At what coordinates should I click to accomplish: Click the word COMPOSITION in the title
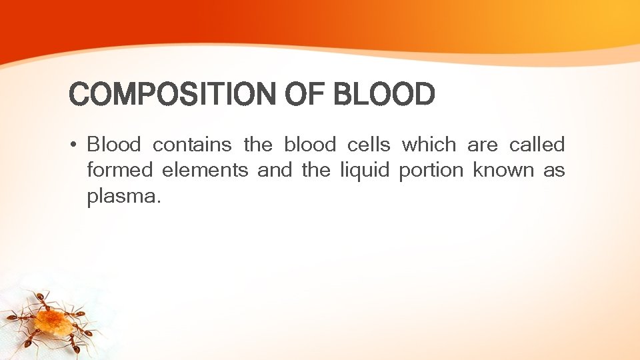tap(171, 95)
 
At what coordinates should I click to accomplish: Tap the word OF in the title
tap(303, 95)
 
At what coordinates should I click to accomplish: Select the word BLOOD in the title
tap(383, 95)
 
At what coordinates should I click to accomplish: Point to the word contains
tap(192, 145)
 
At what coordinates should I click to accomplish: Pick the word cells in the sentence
tap(369, 145)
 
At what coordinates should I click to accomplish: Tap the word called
tap(537, 145)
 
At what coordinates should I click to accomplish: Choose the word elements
tap(205, 171)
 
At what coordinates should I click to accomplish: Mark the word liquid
tap(363, 171)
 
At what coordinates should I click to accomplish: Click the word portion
tap(430, 171)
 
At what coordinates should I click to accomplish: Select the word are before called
tap(483, 145)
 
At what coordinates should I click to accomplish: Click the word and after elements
tap(274, 171)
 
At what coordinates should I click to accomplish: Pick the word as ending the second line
tap(554, 171)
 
